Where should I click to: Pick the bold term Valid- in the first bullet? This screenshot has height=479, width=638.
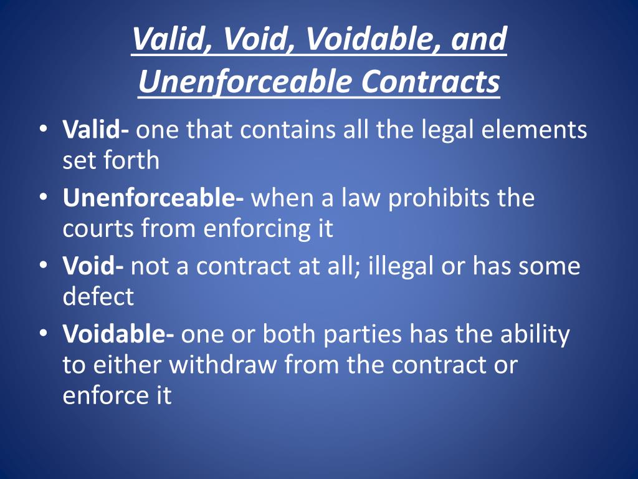point(96,130)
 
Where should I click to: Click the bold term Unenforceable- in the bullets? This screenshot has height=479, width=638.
point(153,198)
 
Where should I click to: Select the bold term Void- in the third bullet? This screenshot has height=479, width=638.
point(93,266)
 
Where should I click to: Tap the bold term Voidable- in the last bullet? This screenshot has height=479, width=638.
point(118,334)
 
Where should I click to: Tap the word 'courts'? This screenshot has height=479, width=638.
point(98,228)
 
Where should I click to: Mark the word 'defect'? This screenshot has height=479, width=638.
point(98,296)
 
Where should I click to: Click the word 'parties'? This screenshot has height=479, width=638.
point(363,334)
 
